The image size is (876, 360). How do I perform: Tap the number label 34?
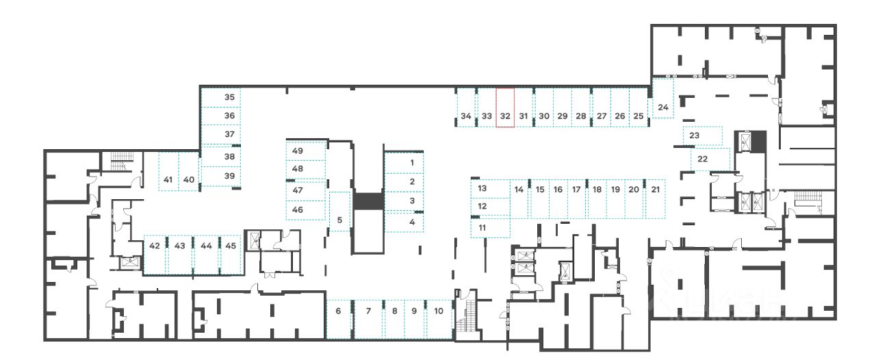pos(466,116)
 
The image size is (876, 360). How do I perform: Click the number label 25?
pos(638,116)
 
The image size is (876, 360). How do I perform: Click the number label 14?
pos(519,189)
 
